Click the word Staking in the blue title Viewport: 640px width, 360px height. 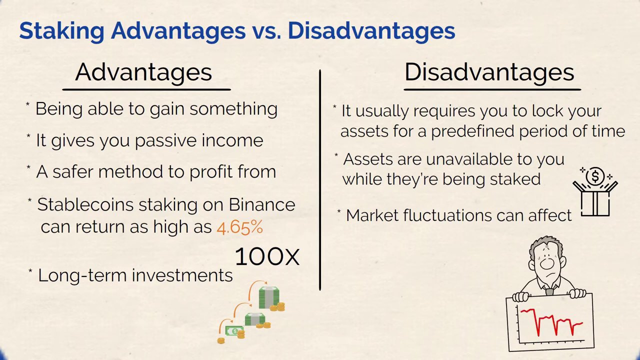point(61,31)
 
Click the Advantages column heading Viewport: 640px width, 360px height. point(143,72)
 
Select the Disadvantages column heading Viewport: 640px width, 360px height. point(489,72)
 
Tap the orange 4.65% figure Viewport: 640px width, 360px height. point(239,227)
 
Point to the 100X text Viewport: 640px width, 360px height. point(267,256)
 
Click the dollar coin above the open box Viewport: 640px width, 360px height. point(595,176)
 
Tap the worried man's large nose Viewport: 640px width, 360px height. point(547,263)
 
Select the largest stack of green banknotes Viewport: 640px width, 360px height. point(269,297)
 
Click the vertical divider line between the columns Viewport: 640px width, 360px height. point(320,180)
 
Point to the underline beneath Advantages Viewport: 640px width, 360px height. point(146,89)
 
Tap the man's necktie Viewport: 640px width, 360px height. point(549,291)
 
